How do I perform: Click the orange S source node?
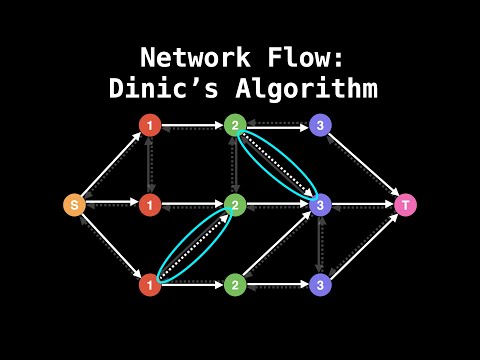(x=73, y=205)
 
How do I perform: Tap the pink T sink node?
(x=405, y=205)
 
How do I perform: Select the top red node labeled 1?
(x=149, y=125)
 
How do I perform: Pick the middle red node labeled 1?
(x=149, y=205)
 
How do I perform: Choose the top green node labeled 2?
(x=234, y=125)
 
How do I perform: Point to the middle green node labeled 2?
(x=234, y=205)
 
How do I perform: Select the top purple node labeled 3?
(x=319, y=125)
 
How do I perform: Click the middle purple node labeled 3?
(x=319, y=205)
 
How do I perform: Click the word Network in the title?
(x=189, y=55)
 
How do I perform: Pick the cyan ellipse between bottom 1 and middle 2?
(x=192, y=246)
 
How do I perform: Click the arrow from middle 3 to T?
(x=362, y=205)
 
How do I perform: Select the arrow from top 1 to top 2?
(x=191, y=125)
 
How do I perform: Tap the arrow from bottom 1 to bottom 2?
(x=191, y=284)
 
